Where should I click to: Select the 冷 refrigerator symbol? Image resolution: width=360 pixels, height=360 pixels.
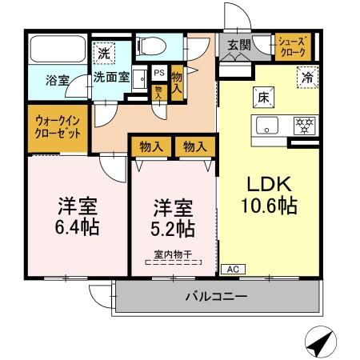pyautogui.click(x=307, y=78)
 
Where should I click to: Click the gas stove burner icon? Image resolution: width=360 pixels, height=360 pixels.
pyautogui.click(x=303, y=125)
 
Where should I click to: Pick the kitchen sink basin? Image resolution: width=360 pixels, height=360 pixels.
pyautogui.click(x=265, y=125)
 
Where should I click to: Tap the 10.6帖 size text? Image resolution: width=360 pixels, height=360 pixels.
pyautogui.click(x=269, y=206)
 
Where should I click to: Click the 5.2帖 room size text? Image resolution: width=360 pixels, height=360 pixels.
pyautogui.click(x=174, y=230)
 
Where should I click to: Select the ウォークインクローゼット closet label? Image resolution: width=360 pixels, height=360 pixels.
pyautogui.click(x=58, y=128)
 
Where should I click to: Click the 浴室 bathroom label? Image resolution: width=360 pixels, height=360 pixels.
pyautogui.click(x=56, y=81)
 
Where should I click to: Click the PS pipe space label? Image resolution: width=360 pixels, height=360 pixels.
pyautogui.click(x=159, y=73)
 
